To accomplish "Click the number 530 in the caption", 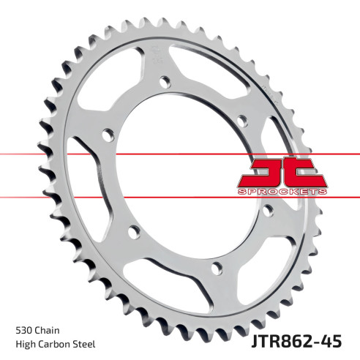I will pos(23,329).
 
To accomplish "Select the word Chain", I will pos(50,329).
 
